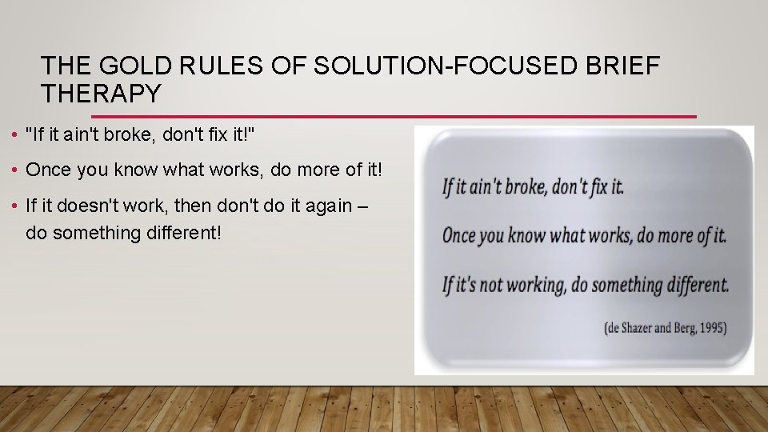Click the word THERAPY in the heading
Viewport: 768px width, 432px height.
101,94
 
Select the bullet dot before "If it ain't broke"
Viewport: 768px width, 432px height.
17,135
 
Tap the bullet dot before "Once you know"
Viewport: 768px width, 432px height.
17,170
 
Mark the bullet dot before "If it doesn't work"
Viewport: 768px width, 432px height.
17,206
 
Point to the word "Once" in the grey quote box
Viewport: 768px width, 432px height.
459,235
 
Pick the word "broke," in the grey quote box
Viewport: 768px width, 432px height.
523,187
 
